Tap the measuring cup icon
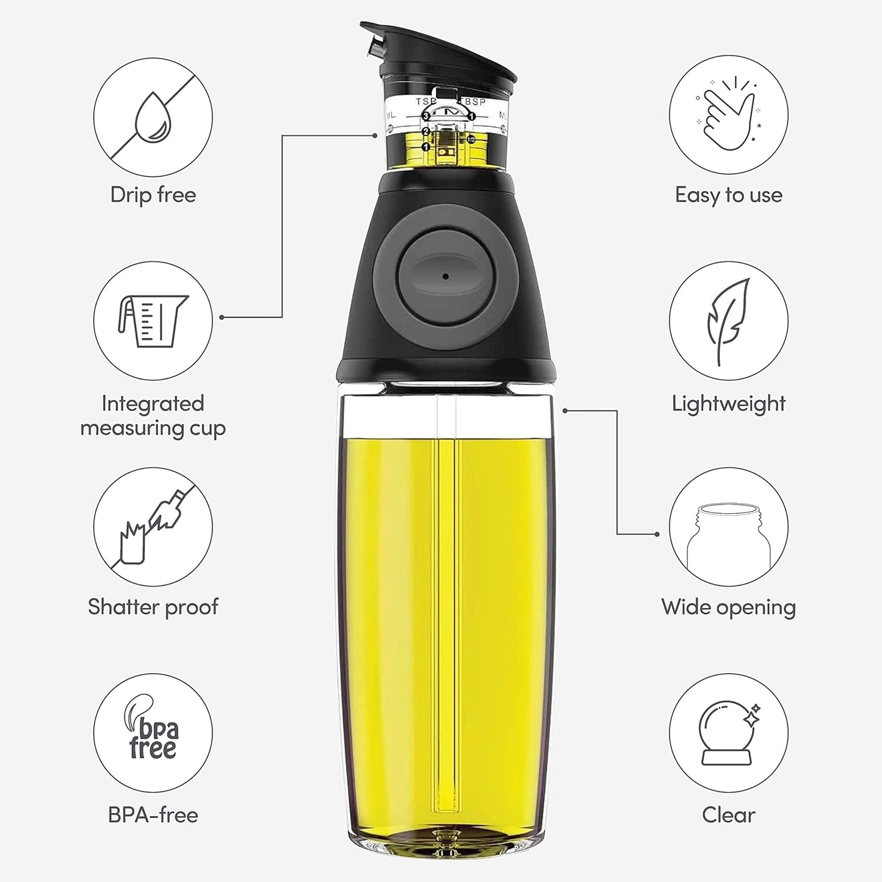click(153, 320)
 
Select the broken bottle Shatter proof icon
click(153, 526)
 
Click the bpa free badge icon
click(153, 732)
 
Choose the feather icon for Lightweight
click(728, 320)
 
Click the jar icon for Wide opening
click(728, 526)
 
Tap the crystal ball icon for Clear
click(728, 732)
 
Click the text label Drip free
click(153, 195)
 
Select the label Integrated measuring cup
click(153, 416)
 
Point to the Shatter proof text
click(153, 607)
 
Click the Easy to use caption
click(728, 195)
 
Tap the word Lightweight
click(728, 404)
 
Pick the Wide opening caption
click(728, 607)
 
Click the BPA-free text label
click(153, 815)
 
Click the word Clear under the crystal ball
click(728, 815)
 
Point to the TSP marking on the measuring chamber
click(425, 101)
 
